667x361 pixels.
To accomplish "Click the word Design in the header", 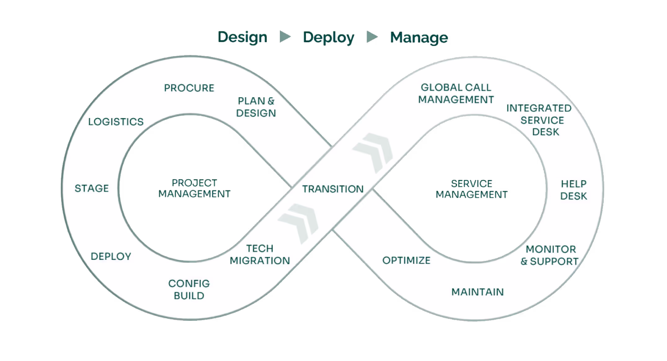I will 242,37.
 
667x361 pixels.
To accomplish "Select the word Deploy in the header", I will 328,37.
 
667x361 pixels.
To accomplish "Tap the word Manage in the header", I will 419,37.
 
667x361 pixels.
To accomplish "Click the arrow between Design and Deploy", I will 285,37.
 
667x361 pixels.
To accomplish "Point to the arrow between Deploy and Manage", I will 372,37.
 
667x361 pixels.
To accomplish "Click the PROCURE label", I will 189,88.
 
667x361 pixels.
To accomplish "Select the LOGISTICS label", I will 116,122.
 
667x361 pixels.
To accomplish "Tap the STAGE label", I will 92,188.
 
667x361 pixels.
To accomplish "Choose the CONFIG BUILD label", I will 189,289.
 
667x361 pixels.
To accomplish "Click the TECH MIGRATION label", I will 260,254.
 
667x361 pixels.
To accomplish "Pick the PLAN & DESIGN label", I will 256,107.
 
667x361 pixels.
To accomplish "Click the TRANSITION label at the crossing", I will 333,189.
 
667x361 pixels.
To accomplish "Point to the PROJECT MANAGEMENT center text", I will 194,188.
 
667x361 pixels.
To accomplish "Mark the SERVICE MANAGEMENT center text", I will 472,189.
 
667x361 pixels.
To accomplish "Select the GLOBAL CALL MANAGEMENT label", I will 456,94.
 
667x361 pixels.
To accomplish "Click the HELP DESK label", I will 574,190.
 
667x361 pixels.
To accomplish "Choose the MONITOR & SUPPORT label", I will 549,255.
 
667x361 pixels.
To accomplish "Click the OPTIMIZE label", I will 406,260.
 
